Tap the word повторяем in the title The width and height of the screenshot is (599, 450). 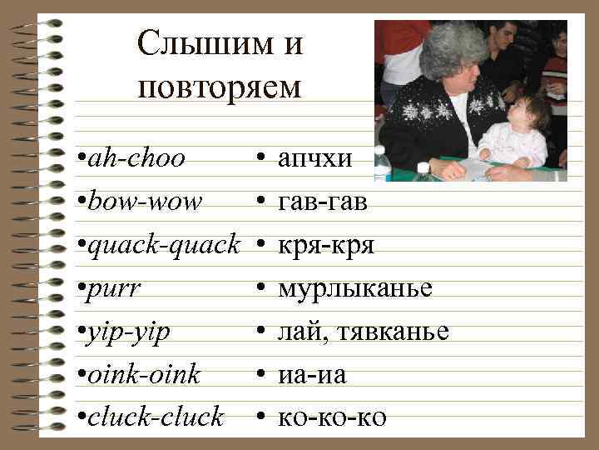coord(220,86)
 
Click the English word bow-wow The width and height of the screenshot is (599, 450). coord(141,201)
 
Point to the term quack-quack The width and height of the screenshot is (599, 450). coord(161,244)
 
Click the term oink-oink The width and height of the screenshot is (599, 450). coord(141,374)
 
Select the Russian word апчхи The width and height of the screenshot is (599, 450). coord(316,157)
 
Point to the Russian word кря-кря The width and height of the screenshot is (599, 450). coord(326,244)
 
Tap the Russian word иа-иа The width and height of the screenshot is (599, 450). coord(312,374)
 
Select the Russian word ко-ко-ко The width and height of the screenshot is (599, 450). coord(332,416)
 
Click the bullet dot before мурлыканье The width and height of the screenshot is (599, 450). coord(261,288)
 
